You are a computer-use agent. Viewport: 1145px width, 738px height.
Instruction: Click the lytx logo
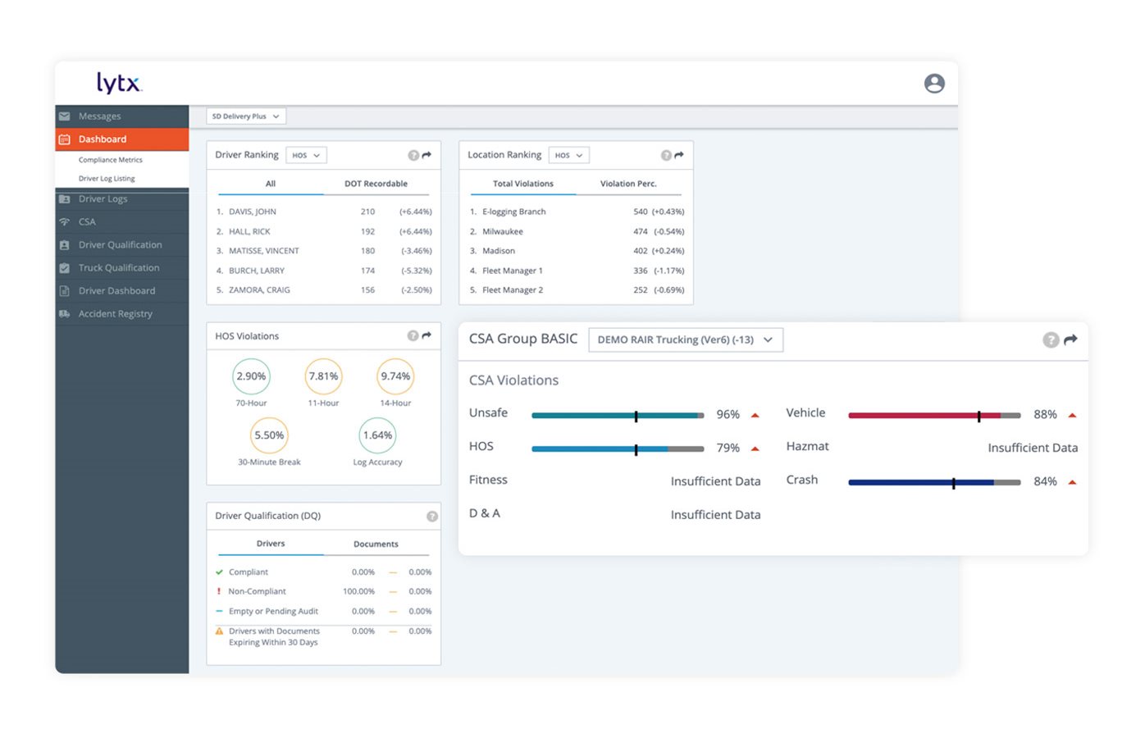[119, 83]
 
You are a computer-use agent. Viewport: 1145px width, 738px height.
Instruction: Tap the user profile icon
[933, 84]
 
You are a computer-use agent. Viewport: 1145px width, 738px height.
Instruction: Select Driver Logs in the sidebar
[103, 199]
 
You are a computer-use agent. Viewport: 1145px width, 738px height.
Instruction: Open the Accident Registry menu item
[115, 314]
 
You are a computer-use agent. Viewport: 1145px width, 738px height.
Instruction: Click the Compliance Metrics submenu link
[110, 160]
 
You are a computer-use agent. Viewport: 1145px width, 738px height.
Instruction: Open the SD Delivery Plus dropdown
[245, 116]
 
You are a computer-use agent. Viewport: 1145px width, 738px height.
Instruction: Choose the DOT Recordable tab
[376, 184]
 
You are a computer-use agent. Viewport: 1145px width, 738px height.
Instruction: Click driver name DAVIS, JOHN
[252, 212]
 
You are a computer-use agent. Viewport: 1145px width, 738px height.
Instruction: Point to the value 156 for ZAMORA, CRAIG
[367, 290]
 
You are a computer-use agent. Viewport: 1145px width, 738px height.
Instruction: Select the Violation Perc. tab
[628, 184]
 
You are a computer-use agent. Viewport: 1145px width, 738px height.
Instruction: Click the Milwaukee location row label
[502, 231]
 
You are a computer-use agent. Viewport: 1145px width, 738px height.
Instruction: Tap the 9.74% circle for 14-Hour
[395, 376]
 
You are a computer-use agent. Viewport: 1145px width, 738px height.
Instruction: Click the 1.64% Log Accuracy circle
[377, 435]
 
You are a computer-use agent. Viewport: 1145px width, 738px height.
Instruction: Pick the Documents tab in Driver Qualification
[376, 544]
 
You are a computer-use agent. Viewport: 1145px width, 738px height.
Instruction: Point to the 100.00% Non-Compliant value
[358, 591]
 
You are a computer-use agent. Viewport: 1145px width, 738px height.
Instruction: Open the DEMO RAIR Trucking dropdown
[685, 339]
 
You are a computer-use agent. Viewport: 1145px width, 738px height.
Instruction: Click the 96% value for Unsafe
[728, 415]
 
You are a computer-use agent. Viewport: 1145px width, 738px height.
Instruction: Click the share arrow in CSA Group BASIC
[1070, 339]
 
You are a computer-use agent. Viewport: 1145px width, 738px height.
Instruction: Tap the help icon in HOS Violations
[413, 335]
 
